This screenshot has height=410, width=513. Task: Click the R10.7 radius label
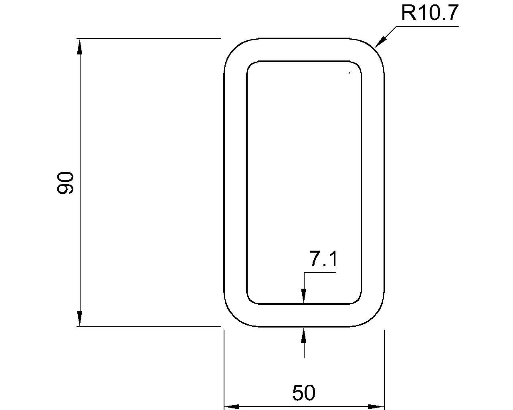pyautogui.click(x=429, y=14)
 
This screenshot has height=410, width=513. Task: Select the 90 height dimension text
pyautogui.click(x=65, y=183)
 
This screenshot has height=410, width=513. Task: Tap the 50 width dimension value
pyautogui.click(x=304, y=393)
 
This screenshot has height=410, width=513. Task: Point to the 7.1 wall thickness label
pyautogui.click(x=323, y=260)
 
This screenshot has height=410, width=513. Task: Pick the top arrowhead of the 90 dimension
pyautogui.click(x=80, y=46)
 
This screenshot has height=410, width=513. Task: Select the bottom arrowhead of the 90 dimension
pyautogui.click(x=80, y=319)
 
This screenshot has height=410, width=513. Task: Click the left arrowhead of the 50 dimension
pyautogui.click(x=232, y=407)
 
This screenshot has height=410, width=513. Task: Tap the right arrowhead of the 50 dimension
pyautogui.click(x=376, y=407)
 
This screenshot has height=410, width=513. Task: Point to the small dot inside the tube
pyautogui.click(x=350, y=73)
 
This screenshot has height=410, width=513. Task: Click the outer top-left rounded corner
pyautogui.click(x=233, y=49)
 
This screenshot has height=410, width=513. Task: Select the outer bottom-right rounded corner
pyautogui.click(x=375, y=317)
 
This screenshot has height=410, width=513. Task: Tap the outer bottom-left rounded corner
pyautogui.click(x=233, y=317)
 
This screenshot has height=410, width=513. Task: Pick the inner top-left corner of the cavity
pyautogui.click(x=250, y=65)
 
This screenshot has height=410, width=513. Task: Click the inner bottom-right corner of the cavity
pyautogui.click(x=358, y=300)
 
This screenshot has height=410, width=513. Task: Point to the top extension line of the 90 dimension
pyautogui.click(x=148, y=38)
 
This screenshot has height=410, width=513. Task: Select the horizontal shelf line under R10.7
pyautogui.click(x=427, y=26)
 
